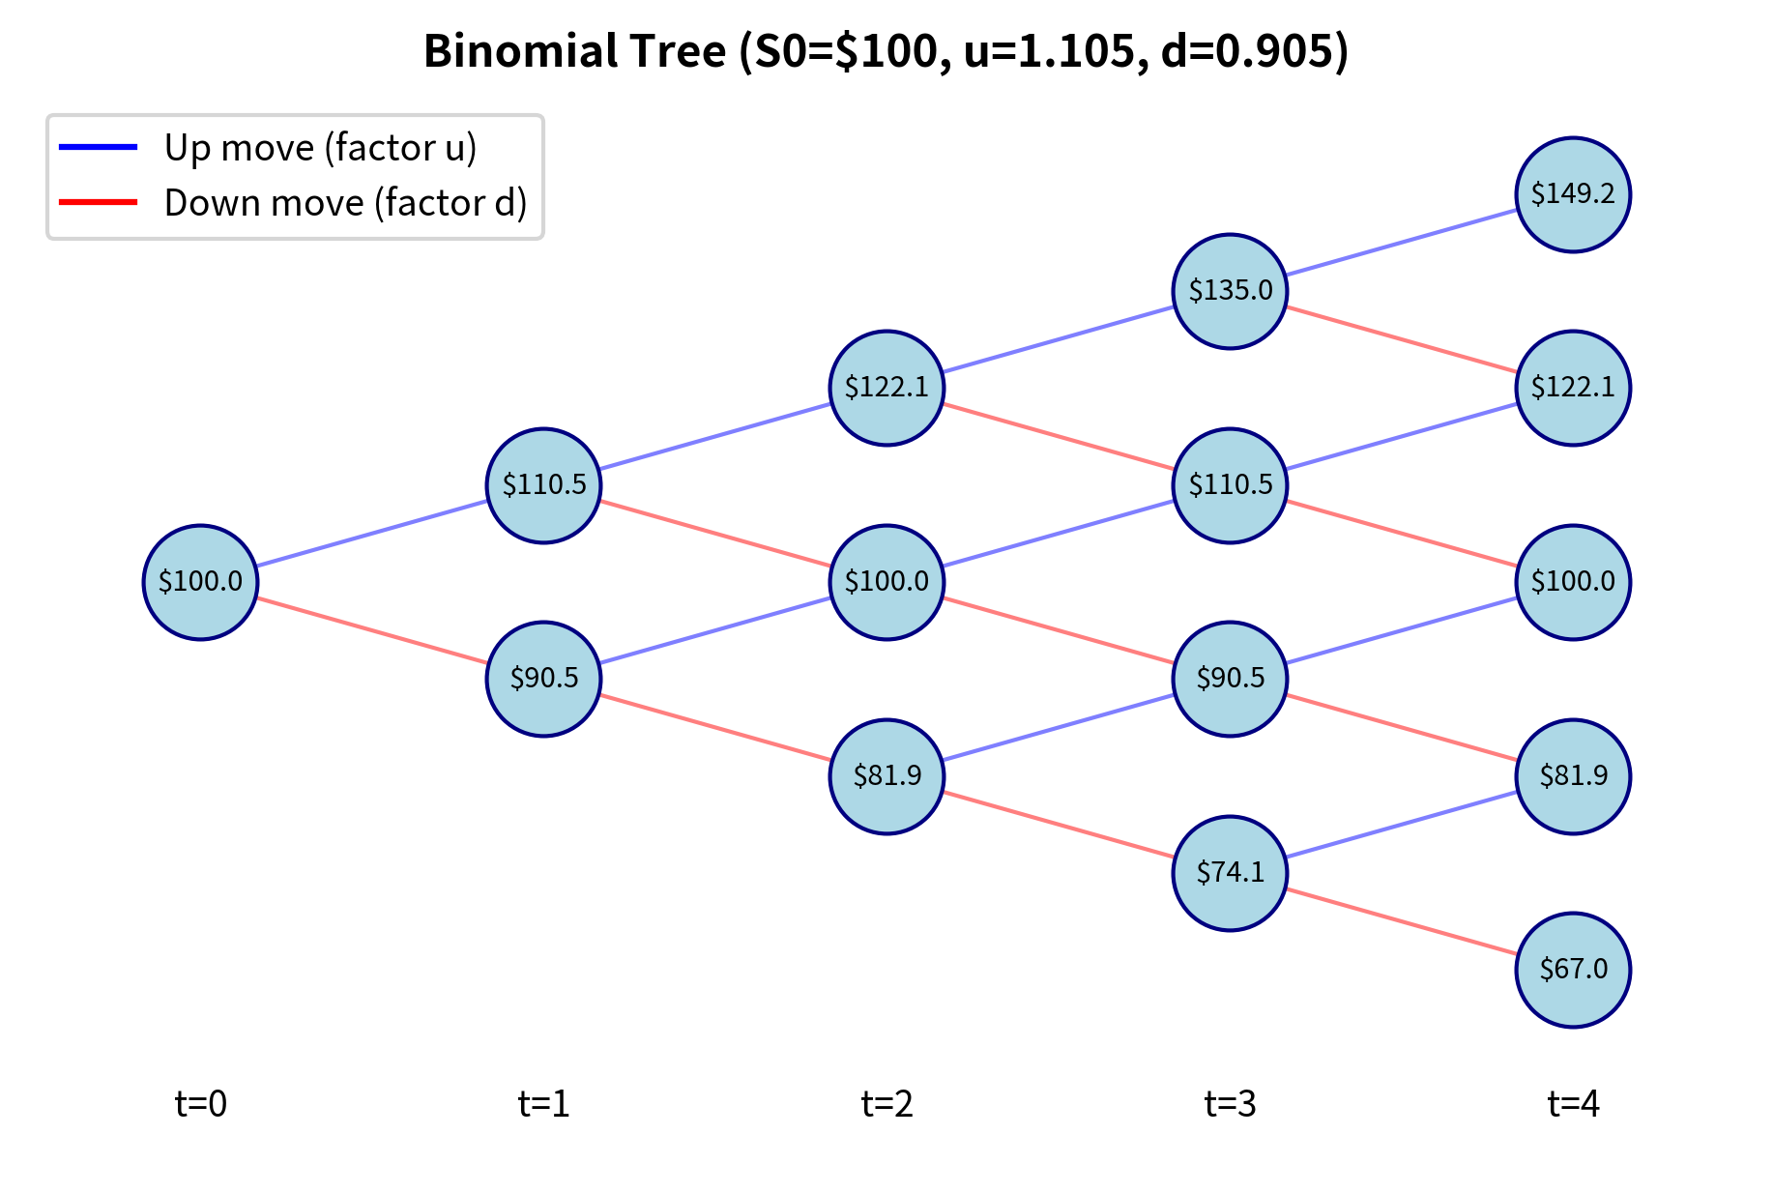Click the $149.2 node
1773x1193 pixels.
1572,194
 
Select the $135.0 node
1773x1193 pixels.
1230,291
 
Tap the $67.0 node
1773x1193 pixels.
1572,970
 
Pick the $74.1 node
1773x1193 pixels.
1230,873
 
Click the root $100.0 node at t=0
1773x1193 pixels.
200,582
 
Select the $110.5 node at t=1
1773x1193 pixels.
543,485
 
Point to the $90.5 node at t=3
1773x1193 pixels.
1230,679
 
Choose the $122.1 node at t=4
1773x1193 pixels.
1572,389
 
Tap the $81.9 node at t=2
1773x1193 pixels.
886,776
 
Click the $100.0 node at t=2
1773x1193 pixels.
886,582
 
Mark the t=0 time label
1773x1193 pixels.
200,1103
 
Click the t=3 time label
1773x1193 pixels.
1230,1103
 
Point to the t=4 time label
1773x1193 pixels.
1572,1103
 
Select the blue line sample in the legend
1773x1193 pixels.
99,147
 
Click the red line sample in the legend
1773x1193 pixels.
99,202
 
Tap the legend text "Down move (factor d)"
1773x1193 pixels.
345,203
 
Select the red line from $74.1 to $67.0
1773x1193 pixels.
1402,921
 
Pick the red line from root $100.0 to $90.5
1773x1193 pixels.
372,630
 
